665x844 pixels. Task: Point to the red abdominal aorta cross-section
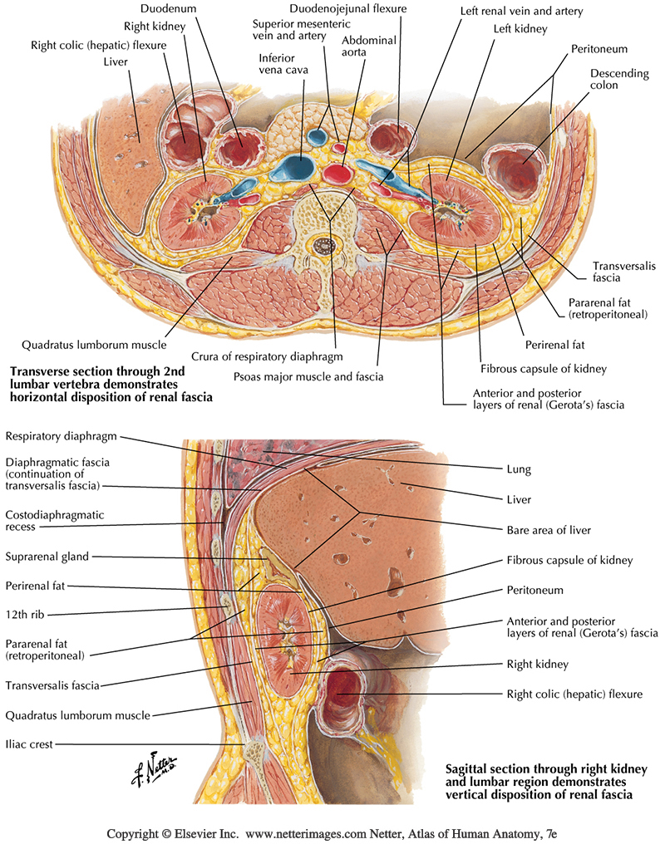(337, 174)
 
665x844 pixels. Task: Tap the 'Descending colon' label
(619, 81)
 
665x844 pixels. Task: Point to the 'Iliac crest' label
(28, 744)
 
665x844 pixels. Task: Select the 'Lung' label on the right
(518, 469)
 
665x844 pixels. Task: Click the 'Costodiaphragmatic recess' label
(54, 520)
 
